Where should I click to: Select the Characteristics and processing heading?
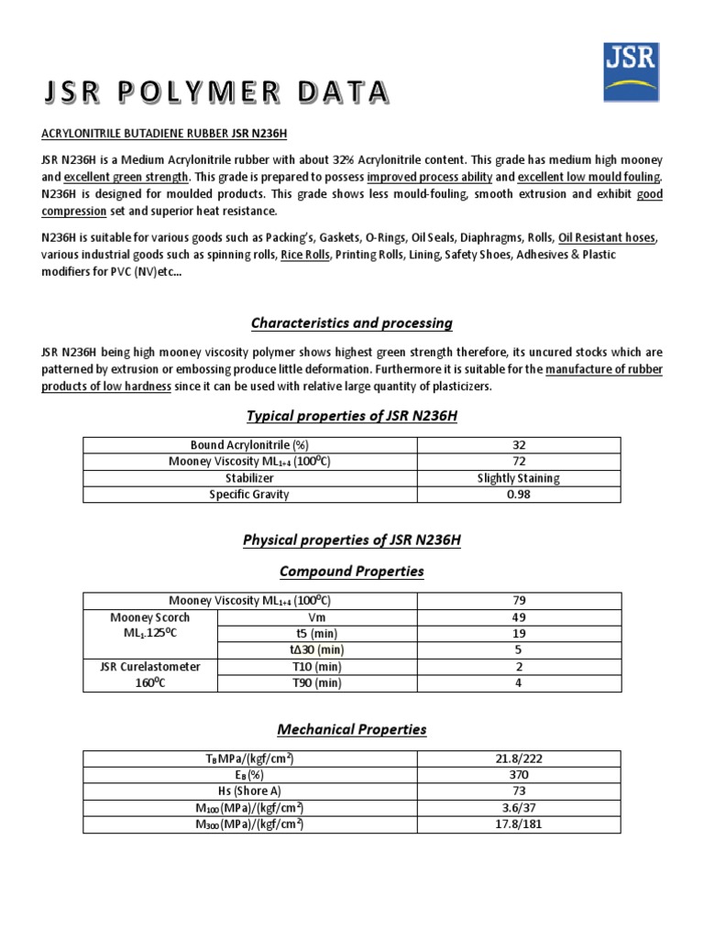click(352, 322)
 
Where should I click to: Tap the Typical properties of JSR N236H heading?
click(352, 417)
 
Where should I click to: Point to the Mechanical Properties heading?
click(352, 729)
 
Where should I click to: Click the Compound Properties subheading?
click(352, 571)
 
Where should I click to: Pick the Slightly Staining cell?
click(519, 478)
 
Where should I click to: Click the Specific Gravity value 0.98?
click(519, 495)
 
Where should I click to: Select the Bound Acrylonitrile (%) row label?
click(250, 445)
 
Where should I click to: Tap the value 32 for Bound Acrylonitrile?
click(519, 445)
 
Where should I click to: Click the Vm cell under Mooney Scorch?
click(316, 617)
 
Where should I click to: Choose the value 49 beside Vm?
click(519, 617)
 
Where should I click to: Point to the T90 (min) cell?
click(316, 682)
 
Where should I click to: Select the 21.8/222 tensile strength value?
click(519, 759)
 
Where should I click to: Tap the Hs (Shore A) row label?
click(250, 791)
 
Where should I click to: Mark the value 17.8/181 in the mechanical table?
click(519, 823)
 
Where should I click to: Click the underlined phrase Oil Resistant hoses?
click(607, 238)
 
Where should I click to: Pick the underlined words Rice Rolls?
click(305, 255)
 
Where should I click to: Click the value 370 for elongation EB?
click(519, 775)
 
